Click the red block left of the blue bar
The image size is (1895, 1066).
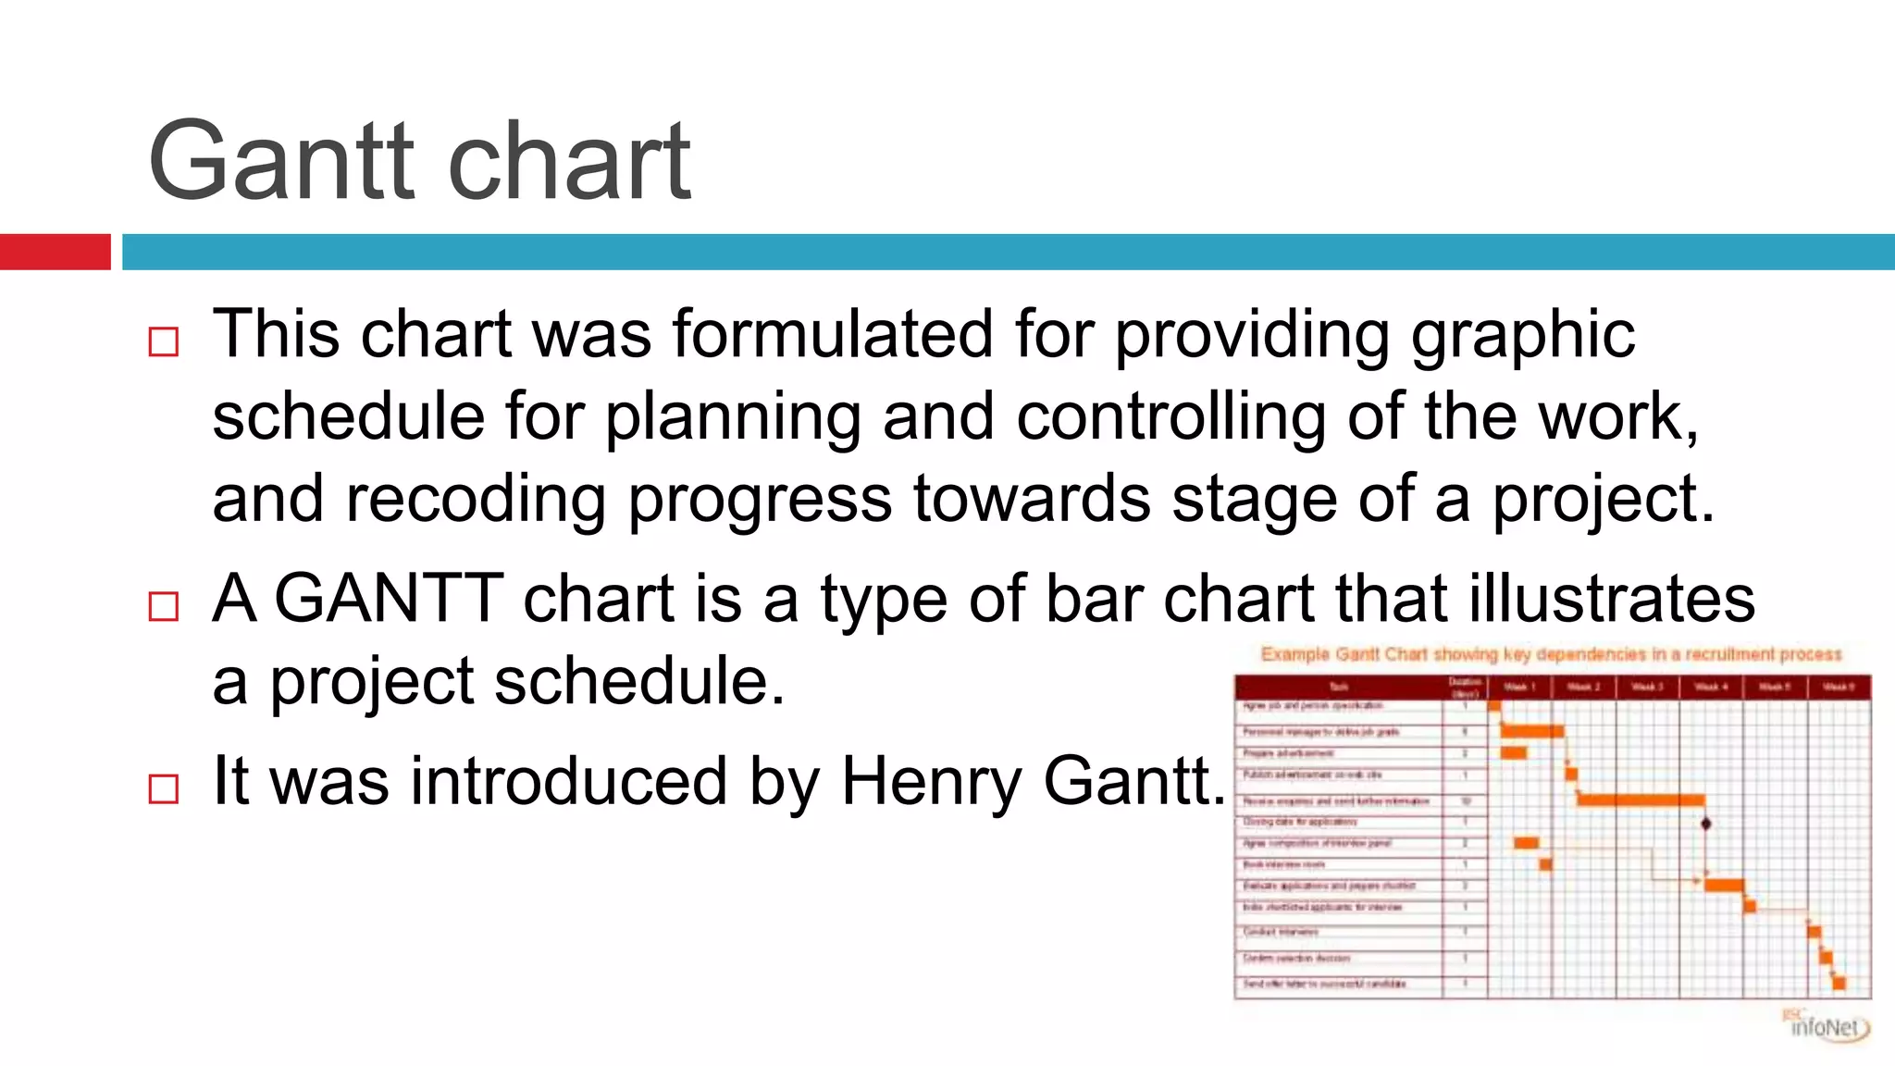click(x=55, y=252)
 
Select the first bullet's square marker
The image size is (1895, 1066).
click(x=164, y=341)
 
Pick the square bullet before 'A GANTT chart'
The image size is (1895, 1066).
click(x=164, y=606)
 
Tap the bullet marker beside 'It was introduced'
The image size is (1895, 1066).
click(x=164, y=788)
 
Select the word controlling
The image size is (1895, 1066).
click(x=1171, y=416)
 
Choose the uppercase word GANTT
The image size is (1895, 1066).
click(x=389, y=599)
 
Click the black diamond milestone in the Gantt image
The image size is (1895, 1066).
click(x=1706, y=823)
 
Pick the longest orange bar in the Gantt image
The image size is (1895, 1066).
click(x=1641, y=799)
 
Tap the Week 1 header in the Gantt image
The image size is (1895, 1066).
click(x=1519, y=687)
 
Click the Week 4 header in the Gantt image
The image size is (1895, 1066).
click(x=1711, y=687)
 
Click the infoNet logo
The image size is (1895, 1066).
click(x=1827, y=1025)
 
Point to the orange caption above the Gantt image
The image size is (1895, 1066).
click(x=1552, y=654)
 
